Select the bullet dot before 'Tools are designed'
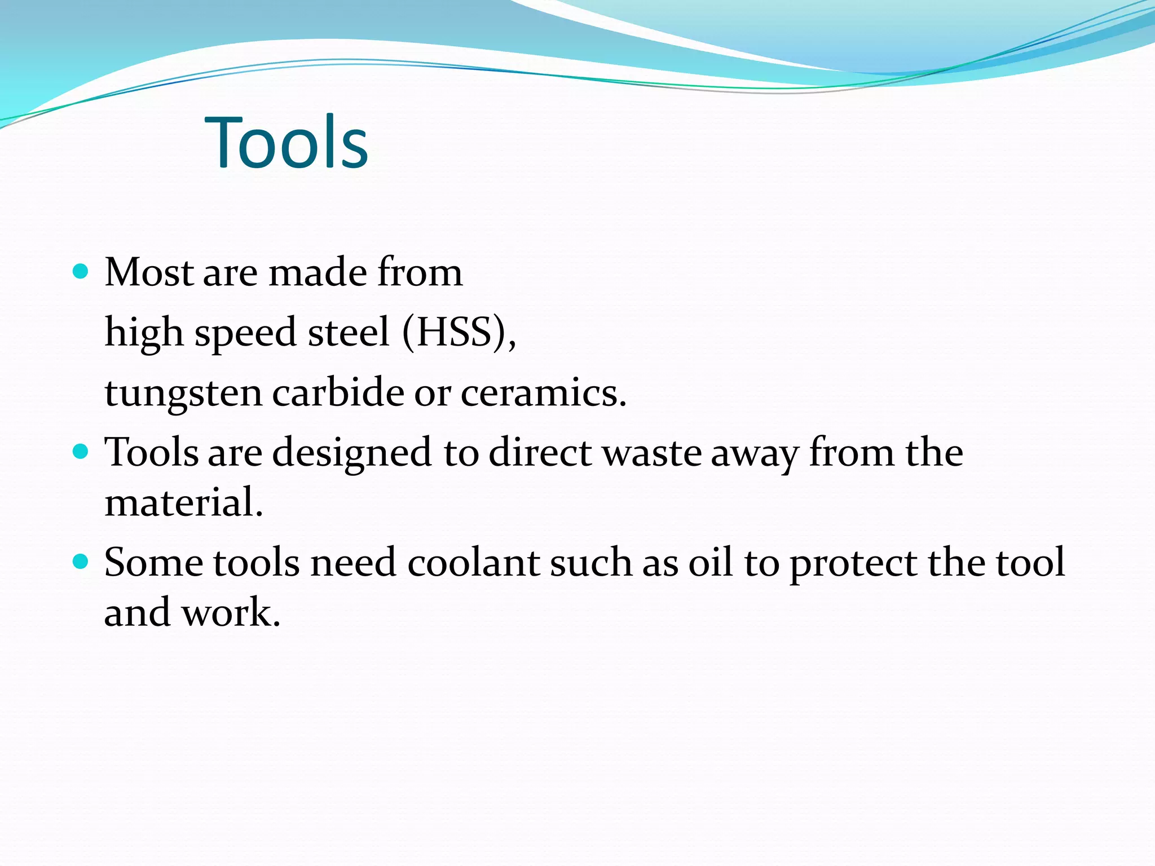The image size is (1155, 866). click(x=81, y=452)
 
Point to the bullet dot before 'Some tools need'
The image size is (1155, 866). click(x=81, y=562)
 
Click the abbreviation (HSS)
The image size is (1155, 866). click(x=458, y=332)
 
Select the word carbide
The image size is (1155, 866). click(x=338, y=392)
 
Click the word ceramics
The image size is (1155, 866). click(x=543, y=392)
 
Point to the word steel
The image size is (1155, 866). click(x=349, y=332)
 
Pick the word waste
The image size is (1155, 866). click(x=651, y=452)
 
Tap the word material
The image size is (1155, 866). click(x=183, y=502)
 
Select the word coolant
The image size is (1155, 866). click(x=473, y=562)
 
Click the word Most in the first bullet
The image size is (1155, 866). click(x=149, y=272)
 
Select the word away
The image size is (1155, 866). click(x=755, y=453)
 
